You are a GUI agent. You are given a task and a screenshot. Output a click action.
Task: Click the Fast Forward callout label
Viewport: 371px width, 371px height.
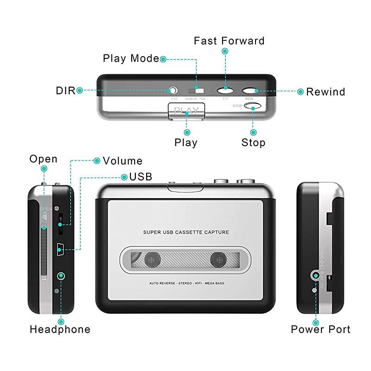point(229,41)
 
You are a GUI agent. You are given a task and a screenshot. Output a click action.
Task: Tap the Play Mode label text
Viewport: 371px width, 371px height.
point(131,58)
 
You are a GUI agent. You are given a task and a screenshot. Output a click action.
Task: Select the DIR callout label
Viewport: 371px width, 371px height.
point(65,90)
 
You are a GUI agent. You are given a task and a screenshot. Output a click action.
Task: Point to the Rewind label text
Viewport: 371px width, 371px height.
point(326,91)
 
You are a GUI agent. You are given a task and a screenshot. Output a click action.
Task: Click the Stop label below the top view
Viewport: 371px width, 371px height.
point(253,142)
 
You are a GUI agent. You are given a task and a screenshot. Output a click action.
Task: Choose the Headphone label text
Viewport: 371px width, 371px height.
point(60,330)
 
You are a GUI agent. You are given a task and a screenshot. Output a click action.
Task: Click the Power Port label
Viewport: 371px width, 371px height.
point(320,330)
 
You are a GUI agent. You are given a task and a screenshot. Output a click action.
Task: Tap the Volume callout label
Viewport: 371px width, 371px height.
point(122,161)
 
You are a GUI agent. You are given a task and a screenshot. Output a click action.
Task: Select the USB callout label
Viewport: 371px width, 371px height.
point(141,177)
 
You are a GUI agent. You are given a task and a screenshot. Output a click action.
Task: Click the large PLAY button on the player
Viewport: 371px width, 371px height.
point(186,111)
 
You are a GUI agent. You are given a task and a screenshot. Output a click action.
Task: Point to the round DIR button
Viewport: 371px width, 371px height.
point(173,90)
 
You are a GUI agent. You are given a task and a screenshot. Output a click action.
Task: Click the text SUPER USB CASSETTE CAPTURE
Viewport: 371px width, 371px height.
point(185,232)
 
